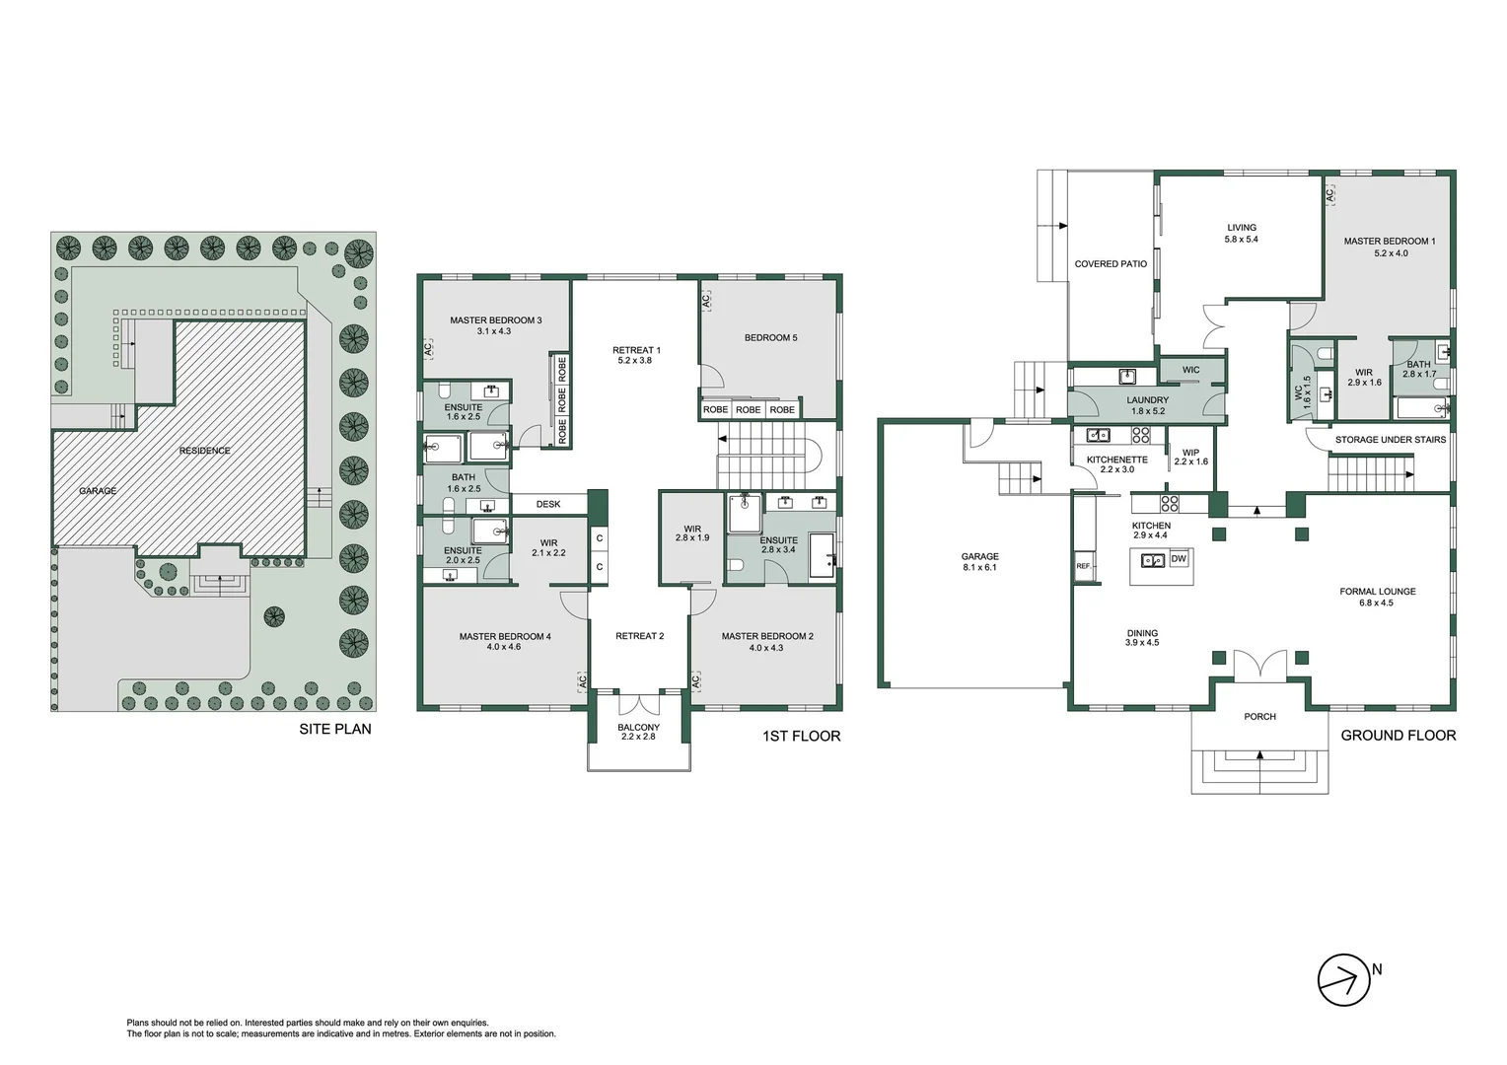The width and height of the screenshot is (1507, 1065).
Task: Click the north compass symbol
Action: coord(1344,979)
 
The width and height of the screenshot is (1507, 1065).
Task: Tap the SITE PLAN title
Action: coord(335,729)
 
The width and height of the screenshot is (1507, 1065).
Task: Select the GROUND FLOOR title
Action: coord(1398,735)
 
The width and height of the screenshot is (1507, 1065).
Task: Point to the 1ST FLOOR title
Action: coord(801,736)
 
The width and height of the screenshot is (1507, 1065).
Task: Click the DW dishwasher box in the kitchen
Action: coord(1179,559)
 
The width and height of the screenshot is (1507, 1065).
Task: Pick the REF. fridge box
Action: coord(1083,566)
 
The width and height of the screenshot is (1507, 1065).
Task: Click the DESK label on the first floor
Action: coord(548,504)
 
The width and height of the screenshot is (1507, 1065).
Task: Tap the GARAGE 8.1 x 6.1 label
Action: coord(979,562)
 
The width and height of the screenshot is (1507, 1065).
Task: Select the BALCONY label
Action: coord(638,732)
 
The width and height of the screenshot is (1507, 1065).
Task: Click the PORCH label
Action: coord(1259,717)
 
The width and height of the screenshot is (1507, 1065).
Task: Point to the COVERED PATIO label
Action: coord(1111,264)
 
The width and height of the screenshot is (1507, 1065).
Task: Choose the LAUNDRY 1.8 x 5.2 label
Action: coord(1147,405)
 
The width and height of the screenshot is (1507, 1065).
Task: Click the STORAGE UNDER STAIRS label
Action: coord(1390,440)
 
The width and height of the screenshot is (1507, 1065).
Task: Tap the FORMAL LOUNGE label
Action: coord(1377,597)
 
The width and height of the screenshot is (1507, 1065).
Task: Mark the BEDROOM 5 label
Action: coord(770,338)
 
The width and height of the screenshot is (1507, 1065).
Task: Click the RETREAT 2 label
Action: coord(639,636)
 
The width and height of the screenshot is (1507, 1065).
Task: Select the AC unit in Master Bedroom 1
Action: coord(1330,196)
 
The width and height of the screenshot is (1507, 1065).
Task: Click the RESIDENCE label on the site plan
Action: coord(205,451)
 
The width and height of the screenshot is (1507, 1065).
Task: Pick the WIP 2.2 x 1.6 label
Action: coord(1190,457)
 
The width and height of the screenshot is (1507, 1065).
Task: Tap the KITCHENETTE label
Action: coord(1116,464)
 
